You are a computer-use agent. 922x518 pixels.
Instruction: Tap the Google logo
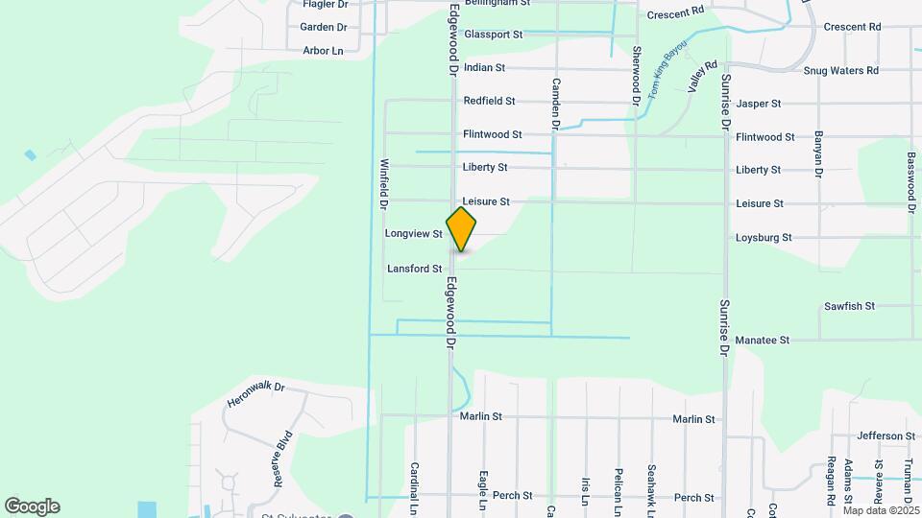(32, 506)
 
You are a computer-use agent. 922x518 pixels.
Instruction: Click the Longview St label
(413, 233)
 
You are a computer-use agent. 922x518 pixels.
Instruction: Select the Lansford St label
(414, 269)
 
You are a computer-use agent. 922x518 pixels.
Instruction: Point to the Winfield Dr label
(383, 184)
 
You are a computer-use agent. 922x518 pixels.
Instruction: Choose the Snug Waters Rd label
(840, 70)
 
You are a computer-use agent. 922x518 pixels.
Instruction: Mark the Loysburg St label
(763, 237)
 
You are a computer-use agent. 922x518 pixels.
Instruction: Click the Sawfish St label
(849, 306)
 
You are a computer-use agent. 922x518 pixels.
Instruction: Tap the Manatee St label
(762, 340)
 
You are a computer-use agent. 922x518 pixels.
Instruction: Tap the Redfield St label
(489, 100)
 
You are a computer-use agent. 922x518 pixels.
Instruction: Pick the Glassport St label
(493, 34)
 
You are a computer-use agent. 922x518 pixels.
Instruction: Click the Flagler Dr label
(325, 4)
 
